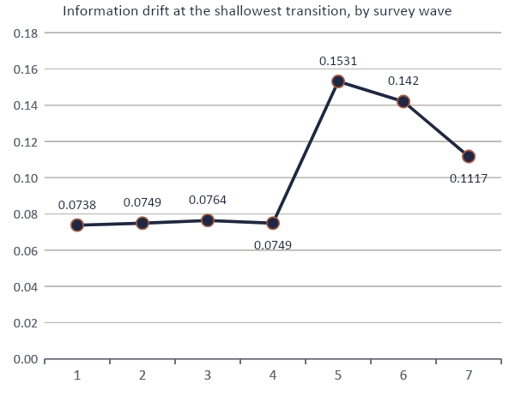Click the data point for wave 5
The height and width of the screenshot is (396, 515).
[x=338, y=81]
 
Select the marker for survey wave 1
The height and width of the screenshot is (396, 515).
[x=77, y=225]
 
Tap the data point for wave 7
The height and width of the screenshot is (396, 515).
[x=469, y=157]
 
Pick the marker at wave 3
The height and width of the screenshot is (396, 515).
[x=208, y=220]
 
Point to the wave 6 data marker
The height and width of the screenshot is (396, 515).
[x=403, y=102]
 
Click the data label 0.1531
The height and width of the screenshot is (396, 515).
[x=338, y=61]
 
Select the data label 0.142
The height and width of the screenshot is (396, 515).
[x=403, y=81]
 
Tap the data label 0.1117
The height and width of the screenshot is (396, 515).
[x=469, y=178]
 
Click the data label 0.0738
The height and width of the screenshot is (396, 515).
[x=77, y=205]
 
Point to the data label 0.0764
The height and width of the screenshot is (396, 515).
[x=208, y=200]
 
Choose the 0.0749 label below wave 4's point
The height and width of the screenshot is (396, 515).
[x=273, y=245]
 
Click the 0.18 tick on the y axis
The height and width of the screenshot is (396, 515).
[x=26, y=33]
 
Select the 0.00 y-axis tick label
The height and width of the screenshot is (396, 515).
[x=26, y=359]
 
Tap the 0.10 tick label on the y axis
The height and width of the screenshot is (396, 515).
[x=26, y=178]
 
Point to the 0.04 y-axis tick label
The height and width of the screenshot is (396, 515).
[x=26, y=287]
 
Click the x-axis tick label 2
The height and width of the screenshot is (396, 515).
[x=142, y=375]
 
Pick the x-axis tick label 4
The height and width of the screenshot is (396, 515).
[x=273, y=375]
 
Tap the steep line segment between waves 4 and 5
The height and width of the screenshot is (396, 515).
[x=306, y=153]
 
